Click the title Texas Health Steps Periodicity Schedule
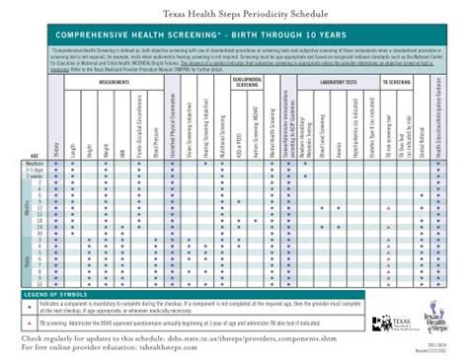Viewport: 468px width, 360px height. pos(233,10)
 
